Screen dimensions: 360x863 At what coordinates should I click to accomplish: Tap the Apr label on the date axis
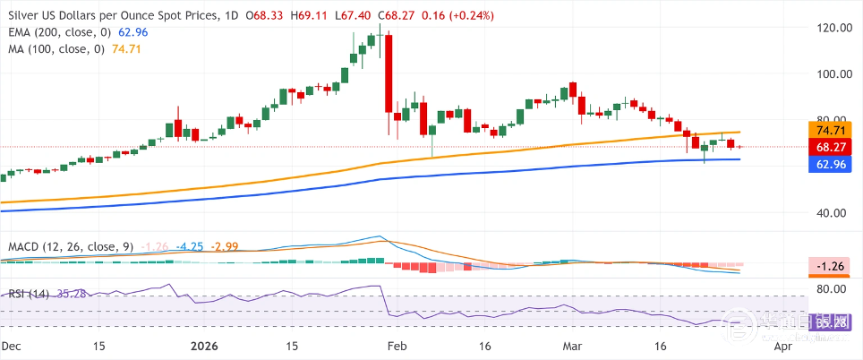point(782,345)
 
